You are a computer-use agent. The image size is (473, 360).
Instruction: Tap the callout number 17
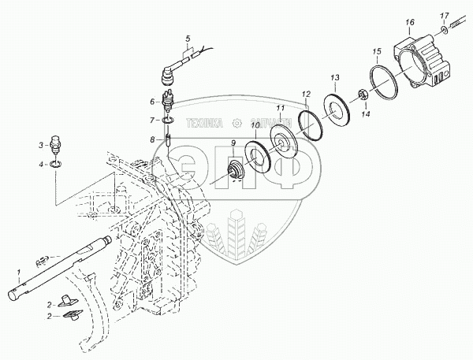(445, 15)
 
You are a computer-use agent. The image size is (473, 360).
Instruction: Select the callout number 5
(187, 38)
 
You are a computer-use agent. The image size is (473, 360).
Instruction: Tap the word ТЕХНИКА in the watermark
(204, 122)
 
